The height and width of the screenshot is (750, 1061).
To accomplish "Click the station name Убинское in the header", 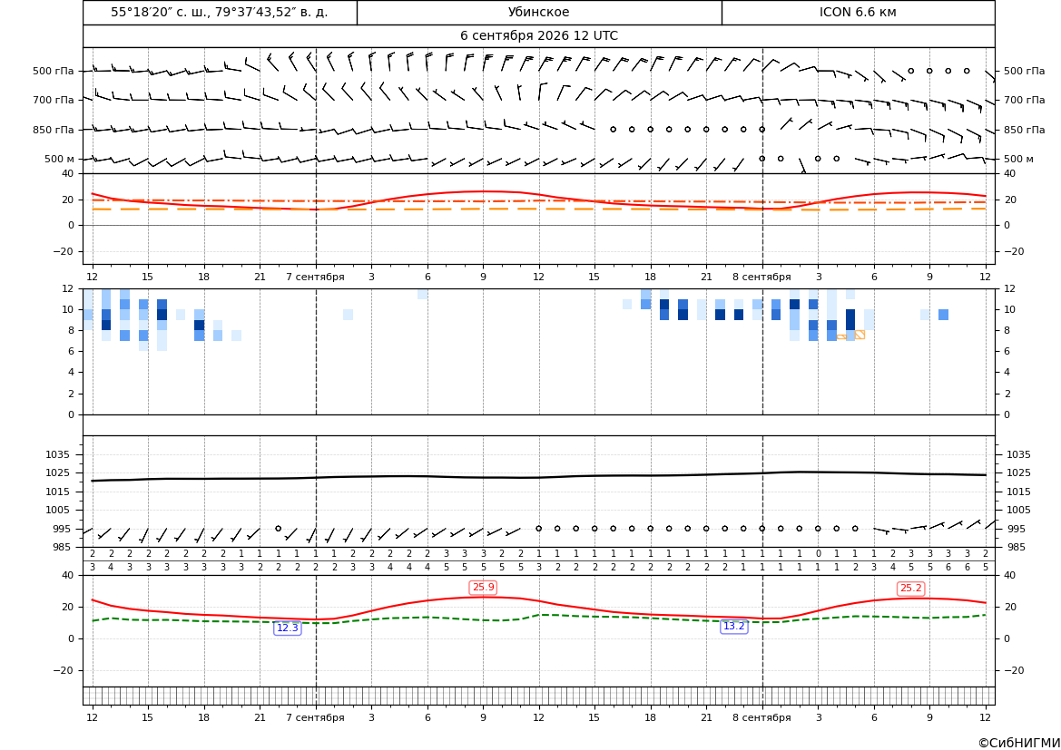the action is [538, 12].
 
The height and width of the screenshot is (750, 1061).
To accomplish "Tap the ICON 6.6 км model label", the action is [858, 12].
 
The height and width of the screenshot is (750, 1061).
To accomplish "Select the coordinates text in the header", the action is [220, 12].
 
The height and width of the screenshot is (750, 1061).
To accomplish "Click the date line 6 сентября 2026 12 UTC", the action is [538, 36].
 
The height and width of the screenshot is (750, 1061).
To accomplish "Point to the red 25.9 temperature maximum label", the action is [483, 587].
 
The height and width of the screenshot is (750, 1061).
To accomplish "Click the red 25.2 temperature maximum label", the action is [910, 589].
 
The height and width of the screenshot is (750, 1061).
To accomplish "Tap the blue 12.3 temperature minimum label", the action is [288, 628].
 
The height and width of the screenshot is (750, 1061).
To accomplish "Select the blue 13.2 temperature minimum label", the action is [734, 627].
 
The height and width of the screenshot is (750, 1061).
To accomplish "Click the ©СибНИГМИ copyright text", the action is [1019, 744].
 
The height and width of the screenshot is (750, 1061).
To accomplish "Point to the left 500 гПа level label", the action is [54, 71].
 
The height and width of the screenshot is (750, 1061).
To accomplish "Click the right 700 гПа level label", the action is [1025, 100].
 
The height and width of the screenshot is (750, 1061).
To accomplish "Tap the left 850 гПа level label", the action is [54, 130].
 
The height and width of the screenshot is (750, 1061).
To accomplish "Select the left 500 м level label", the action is [60, 159].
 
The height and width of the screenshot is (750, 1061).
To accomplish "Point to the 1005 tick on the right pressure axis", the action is [1018, 510].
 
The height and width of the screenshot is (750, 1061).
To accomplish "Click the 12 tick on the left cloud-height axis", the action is [68, 288].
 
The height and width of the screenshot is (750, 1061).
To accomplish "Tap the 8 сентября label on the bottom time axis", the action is [761, 717].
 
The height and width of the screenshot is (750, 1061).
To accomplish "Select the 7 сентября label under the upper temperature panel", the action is [315, 277].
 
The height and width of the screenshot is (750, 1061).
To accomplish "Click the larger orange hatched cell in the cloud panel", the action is [860, 334].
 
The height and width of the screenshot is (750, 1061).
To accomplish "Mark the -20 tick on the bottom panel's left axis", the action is [64, 670].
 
